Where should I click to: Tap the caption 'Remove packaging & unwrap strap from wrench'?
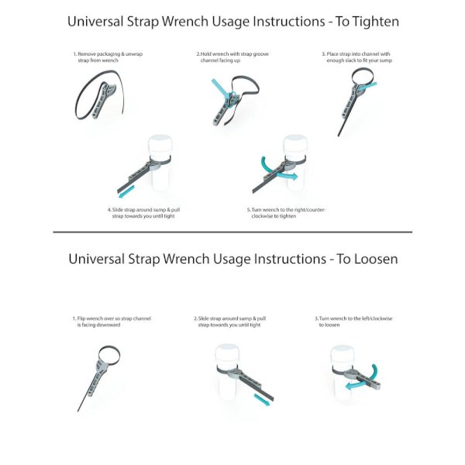(x=108, y=57)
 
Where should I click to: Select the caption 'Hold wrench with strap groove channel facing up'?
(x=232, y=57)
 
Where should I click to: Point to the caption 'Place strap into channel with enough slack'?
(x=357, y=57)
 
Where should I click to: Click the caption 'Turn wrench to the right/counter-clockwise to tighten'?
(x=286, y=213)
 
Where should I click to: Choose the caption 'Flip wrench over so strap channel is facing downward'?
(x=112, y=322)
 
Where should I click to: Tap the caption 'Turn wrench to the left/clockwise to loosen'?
(x=353, y=322)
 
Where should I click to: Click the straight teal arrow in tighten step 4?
(x=126, y=192)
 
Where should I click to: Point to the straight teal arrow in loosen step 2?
(x=262, y=400)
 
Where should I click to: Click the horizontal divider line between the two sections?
(x=232, y=232)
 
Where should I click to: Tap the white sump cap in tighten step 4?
(x=160, y=145)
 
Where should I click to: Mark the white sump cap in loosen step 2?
(x=227, y=355)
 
